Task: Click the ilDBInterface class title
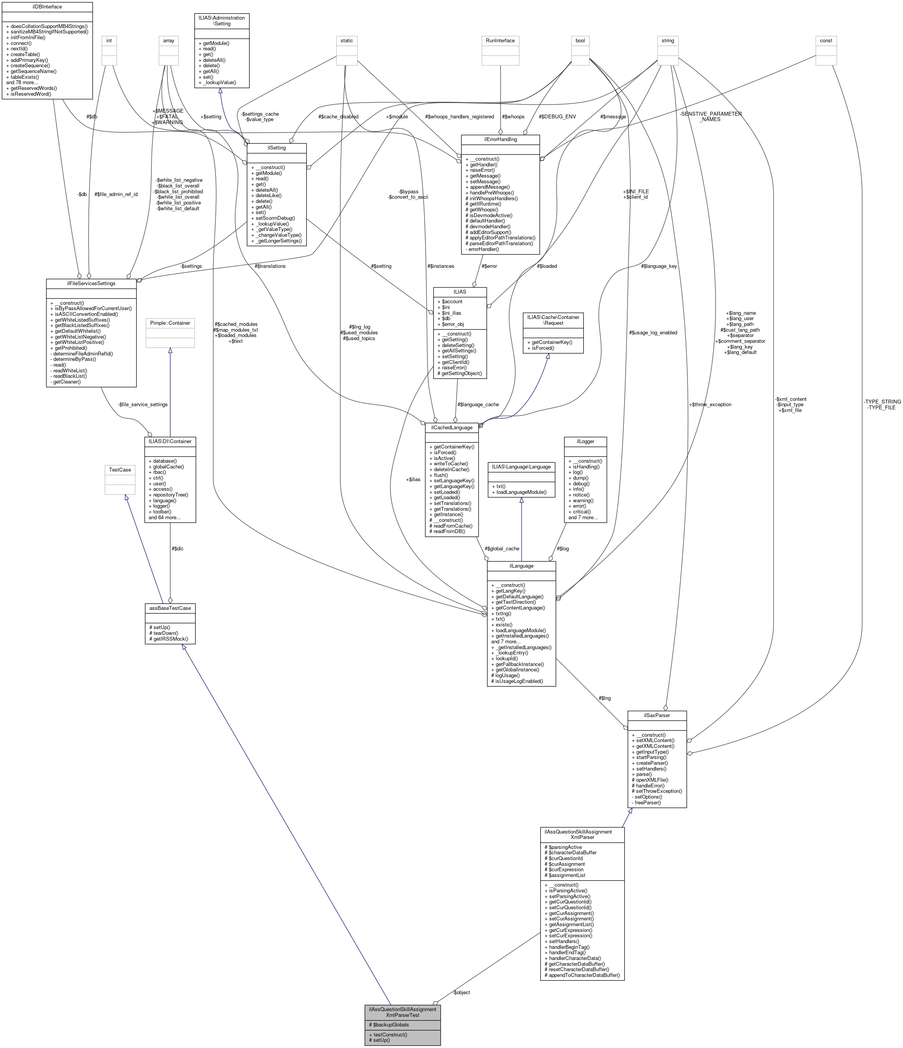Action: (x=46, y=7)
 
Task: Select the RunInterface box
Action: (x=500, y=40)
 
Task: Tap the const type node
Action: (x=826, y=40)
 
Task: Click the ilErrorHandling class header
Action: (x=500, y=139)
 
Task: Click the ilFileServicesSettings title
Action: (x=91, y=283)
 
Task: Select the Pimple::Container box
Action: (x=170, y=323)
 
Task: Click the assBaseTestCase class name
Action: (x=169, y=608)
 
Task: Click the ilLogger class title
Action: (x=585, y=442)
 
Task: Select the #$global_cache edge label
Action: (x=502, y=548)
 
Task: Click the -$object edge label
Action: (x=461, y=992)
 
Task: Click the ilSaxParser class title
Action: (x=656, y=715)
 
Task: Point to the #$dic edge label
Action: (x=177, y=548)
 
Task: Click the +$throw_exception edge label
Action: (x=709, y=405)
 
